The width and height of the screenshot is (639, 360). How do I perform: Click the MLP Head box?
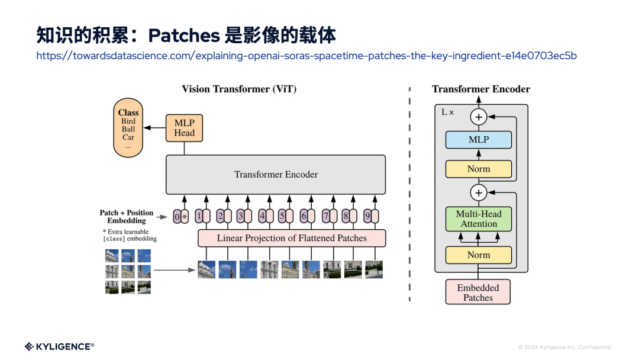tap(184, 128)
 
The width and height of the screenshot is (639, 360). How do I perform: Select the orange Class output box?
tap(128, 129)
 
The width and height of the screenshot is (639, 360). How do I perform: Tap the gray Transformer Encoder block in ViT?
tap(276, 175)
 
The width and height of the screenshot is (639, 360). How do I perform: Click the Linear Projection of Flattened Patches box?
tap(292, 239)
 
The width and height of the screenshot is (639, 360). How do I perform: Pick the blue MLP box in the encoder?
tap(478, 140)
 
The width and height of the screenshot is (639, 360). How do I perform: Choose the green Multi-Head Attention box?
tap(478, 219)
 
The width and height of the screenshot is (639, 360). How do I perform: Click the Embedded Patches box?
tap(477, 292)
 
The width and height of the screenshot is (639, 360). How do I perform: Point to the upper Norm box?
tap(478, 169)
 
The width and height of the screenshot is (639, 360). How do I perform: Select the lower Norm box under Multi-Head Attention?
tap(478, 255)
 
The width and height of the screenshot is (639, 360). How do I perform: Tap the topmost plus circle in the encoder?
tap(479, 117)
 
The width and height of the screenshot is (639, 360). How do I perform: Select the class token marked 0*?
tap(180, 217)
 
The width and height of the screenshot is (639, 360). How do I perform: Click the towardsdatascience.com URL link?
tap(306, 56)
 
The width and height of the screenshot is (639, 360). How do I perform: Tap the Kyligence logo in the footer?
tap(59, 346)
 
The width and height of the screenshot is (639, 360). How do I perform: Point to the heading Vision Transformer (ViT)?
tap(239, 89)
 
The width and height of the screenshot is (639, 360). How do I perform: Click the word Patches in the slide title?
tap(184, 36)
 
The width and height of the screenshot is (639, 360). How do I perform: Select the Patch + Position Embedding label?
tap(126, 217)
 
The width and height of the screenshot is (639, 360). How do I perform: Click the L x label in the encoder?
tap(448, 112)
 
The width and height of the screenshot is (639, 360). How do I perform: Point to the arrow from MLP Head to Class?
tap(154, 128)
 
